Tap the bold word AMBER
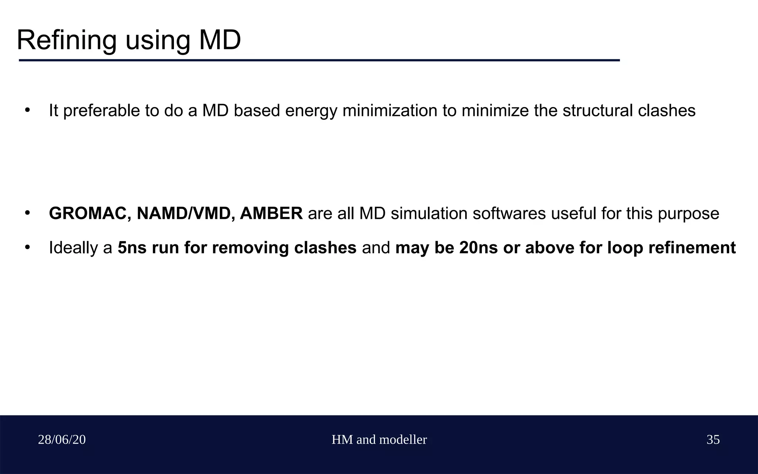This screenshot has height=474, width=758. click(271, 214)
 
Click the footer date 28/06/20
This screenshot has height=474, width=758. click(62, 440)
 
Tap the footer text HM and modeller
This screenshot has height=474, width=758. click(379, 440)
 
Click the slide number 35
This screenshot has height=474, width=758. click(713, 440)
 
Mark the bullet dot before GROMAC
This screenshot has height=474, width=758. click(27, 213)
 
